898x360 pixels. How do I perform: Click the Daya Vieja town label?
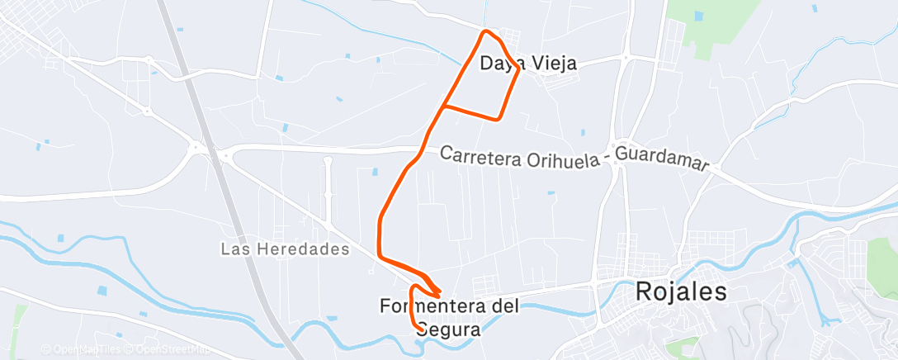pyautogui.click(x=528, y=63)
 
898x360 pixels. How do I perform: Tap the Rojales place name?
pyautogui.click(x=681, y=292)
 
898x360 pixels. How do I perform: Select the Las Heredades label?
pyautogui.click(x=286, y=249)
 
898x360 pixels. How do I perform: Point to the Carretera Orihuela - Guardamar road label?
pyautogui.click(x=574, y=159)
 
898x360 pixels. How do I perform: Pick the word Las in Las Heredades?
pyautogui.click(x=234, y=249)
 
